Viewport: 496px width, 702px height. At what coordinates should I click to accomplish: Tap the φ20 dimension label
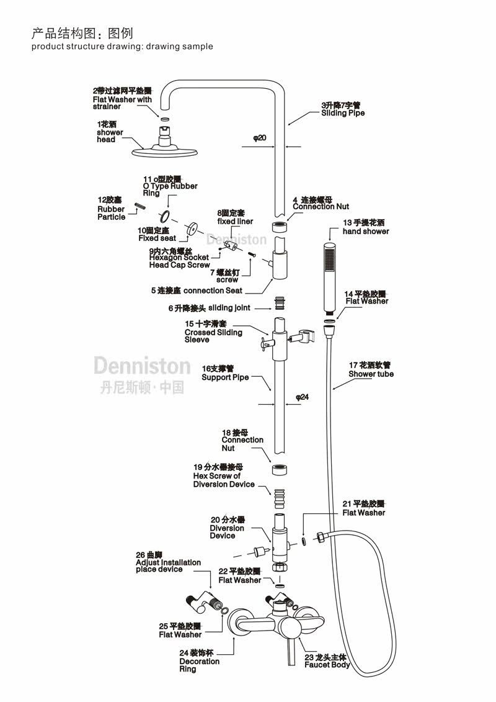(x=260, y=138)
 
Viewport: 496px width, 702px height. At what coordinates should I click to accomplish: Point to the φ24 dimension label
(x=302, y=397)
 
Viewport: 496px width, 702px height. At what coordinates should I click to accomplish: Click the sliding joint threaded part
(x=280, y=304)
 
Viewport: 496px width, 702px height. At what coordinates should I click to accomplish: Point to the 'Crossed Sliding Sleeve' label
(x=213, y=332)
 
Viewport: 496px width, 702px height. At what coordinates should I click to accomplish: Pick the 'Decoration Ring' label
(x=199, y=661)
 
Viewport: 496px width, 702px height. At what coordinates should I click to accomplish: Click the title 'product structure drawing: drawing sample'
(x=122, y=47)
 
